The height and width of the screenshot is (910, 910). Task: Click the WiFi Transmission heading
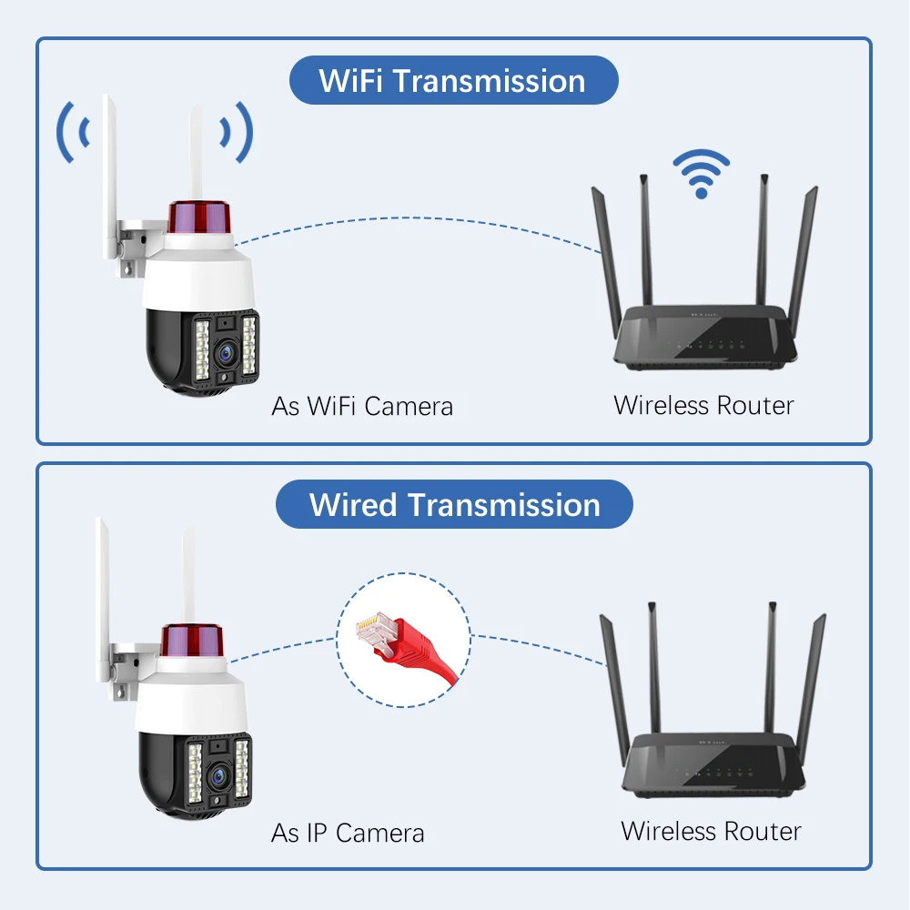(452, 80)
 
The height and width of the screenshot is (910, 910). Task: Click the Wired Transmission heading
(454, 504)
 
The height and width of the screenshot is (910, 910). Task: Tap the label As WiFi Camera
(362, 406)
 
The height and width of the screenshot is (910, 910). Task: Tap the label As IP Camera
(348, 832)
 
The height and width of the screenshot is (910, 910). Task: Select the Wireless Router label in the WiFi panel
(703, 405)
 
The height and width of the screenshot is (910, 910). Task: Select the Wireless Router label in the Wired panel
(711, 830)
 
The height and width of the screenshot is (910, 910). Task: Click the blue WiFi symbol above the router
(701, 173)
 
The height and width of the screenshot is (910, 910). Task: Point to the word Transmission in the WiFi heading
(489, 80)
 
